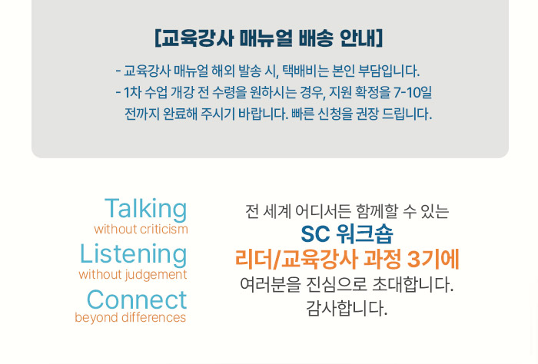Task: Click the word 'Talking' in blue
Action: [x=146, y=209]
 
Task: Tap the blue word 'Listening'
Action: [x=134, y=255]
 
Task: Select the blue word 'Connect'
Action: [x=137, y=300]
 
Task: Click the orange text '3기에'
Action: [x=433, y=259]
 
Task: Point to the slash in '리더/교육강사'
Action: [x=276, y=260]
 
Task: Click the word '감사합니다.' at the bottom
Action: [x=347, y=308]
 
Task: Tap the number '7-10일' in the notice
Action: [x=413, y=93]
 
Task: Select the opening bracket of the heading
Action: [x=158, y=38]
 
